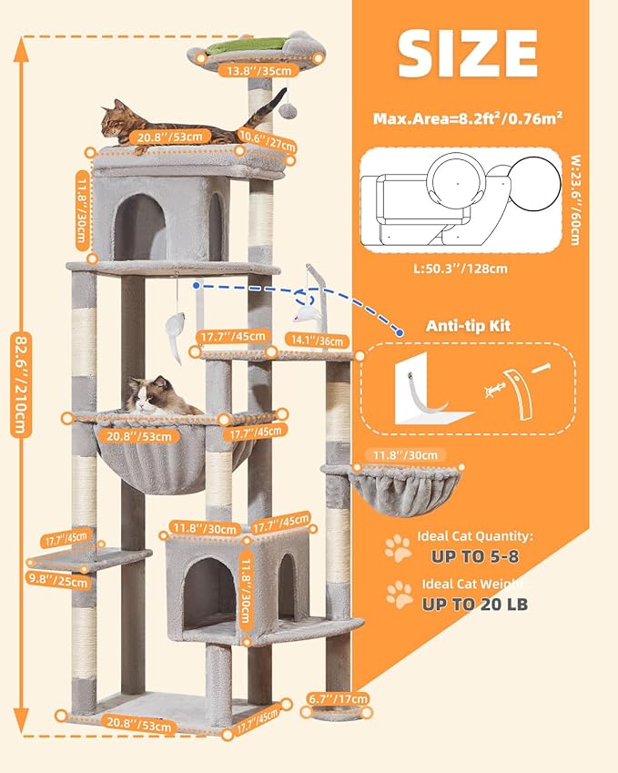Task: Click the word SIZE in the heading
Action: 467,54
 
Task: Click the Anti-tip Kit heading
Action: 468,326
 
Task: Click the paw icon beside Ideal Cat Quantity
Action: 398,546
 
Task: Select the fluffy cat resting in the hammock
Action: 162,395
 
